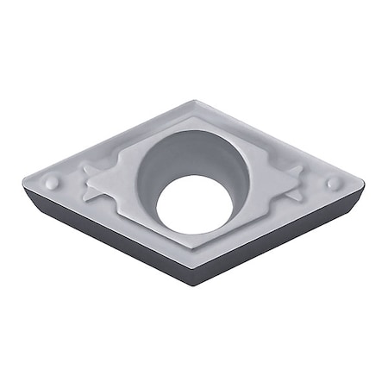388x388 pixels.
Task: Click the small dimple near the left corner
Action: [53, 182]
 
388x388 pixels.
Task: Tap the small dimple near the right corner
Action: [333, 183]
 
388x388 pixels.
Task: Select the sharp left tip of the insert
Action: [23, 178]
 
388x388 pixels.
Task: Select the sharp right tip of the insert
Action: [365, 182]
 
